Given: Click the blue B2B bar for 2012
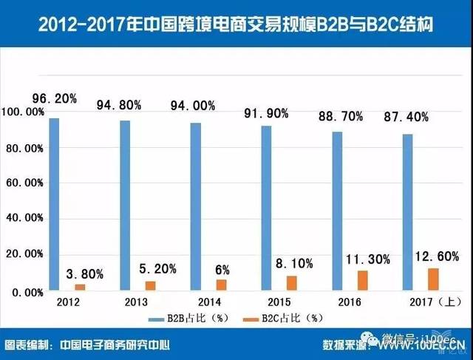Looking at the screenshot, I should pos(53,204).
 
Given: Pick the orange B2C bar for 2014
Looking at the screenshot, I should pos(222,285).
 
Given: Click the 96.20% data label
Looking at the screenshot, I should pos(54,98).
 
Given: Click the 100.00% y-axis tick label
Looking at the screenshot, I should pos(24,112).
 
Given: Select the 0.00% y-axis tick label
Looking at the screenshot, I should pos(27,292).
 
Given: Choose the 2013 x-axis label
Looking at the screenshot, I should pos(134,303).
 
